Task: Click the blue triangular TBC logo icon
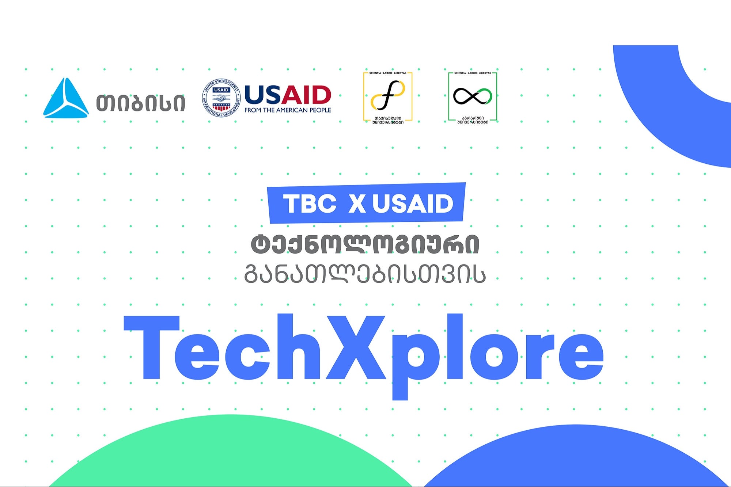click(66, 99)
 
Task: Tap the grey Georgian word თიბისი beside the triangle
click(141, 103)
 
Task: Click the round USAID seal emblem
click(221, 98)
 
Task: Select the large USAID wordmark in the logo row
click(288, 95)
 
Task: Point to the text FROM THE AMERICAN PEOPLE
click(288, 110)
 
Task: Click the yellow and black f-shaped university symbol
click(388, 95)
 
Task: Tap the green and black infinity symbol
click(473, 96)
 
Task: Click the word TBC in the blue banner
click(310, 203)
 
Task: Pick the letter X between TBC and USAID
click(357, 203)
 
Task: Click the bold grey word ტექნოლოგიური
click(365, 244)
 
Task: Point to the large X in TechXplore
click(356, 347)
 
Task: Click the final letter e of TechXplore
click(581, 356)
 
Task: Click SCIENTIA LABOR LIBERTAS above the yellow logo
click(388, 73)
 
